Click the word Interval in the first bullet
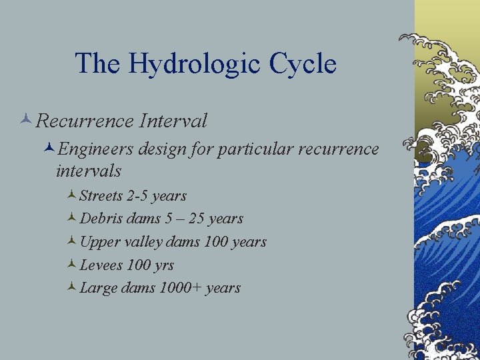pyautogui.click(x=173, y=121)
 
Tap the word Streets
pyautogui.click(x=101, y=196)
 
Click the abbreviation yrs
pyautogui.click(x=163, y=265)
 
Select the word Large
pyautogui.click(x=98, y=288)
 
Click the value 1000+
pyautogui.click(x=181, y=288)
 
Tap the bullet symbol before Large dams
pyautogui.click(x=71, y=288)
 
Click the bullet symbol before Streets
pyautogui.click(x=71, y=196)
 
